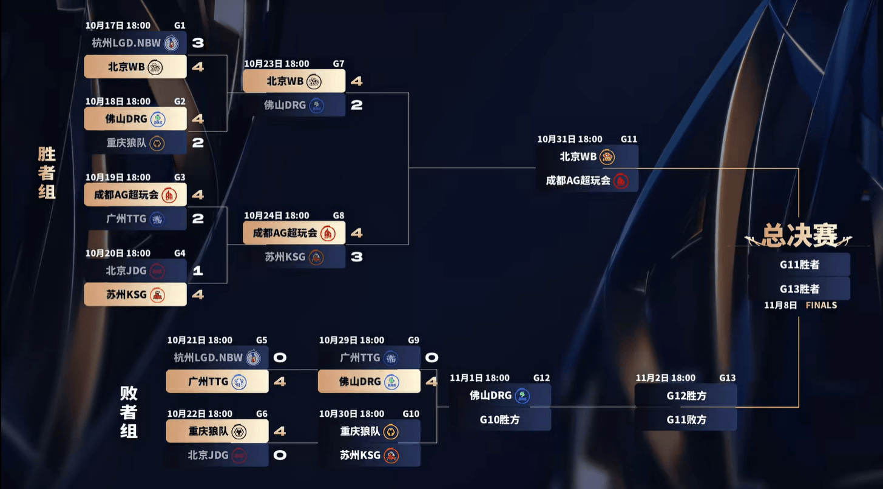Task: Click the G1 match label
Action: point(180,26)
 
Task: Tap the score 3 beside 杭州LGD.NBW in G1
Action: point(198,43)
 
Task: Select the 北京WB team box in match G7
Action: point(294,81)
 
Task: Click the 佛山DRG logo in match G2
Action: point(157,119)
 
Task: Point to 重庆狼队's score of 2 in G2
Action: point(198,143)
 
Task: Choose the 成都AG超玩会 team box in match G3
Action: point(135,195)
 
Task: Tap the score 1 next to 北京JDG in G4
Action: point(198,271)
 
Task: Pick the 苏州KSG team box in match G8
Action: point(294,257)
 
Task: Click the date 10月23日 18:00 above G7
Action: point(277,64)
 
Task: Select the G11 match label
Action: point(629,140)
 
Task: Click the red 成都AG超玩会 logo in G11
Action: point(620,181)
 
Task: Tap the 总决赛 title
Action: point(799,235)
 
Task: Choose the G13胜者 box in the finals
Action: point(799,289)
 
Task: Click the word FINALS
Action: point(821,305)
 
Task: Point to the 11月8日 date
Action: point(780,305)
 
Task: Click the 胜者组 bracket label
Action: point(47,173)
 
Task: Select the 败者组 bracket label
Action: point(129,412)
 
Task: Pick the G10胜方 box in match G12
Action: point(499,419)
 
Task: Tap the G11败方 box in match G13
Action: point(686,419)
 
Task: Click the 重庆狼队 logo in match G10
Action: point(391,431)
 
